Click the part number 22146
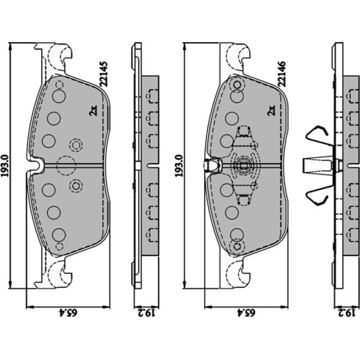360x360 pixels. (x=282, y=74)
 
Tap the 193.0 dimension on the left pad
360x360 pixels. (x=5, y=166)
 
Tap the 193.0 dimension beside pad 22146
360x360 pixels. (x=179, y=166)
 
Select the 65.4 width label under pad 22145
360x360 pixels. (x=68, y=312)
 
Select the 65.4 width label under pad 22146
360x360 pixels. (x=246, y=312)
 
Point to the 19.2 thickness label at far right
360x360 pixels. (x=347, y=312)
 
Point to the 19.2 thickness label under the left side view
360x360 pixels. (x=146, y=312)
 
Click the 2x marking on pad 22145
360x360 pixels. (x=94, y=110)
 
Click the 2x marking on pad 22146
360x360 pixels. (x=271, y=110)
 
